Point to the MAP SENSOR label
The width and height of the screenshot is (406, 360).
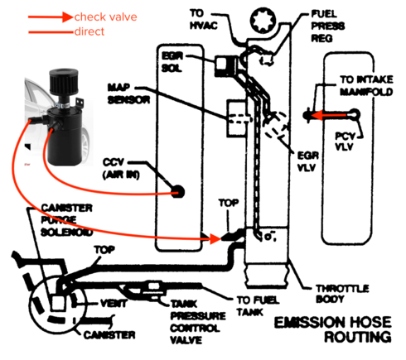(x=128, y=92)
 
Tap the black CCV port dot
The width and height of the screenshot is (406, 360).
(x=176, y=191)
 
